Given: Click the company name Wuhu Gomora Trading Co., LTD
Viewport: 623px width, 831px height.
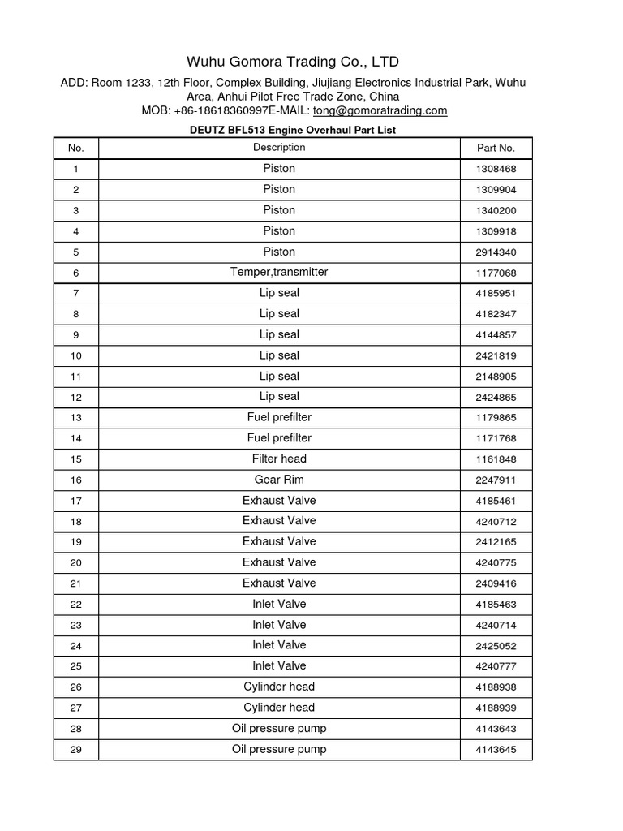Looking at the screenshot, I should [x=293, y=62].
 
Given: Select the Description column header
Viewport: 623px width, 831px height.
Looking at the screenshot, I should [x=279, y=148].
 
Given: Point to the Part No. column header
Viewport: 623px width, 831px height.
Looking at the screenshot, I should [x=496, y=148].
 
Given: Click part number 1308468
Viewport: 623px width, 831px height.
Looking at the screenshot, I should [x=496, y=169].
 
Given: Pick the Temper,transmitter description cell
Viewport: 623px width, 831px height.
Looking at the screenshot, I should [x=279, y=272].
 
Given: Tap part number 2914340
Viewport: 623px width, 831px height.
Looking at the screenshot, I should [x=496, y=252].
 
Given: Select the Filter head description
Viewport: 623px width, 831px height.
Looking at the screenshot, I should [x=279, y=459].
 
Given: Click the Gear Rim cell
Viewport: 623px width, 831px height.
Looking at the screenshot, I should [x=279, y=480].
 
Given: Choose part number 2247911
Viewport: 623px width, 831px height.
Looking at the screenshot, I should [x=496, y=480].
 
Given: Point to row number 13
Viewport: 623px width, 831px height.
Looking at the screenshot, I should [x=76, y=418].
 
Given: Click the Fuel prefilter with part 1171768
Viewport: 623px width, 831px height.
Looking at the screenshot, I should [x=279, y=438].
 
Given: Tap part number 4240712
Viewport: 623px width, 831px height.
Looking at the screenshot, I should [x=496, y=521].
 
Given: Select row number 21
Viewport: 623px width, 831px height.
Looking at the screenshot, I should [x=76, y=583].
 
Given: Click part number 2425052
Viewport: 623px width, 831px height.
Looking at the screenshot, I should [x=496, y=646].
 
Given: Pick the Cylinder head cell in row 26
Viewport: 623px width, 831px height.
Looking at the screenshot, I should [x=279, y=687].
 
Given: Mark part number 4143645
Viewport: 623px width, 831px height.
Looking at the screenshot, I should [x=496, y=750].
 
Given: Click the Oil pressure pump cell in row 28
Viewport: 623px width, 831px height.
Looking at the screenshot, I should [x=279, y=728].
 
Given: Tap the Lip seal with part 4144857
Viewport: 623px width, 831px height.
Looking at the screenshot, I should [x=279, y=334].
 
